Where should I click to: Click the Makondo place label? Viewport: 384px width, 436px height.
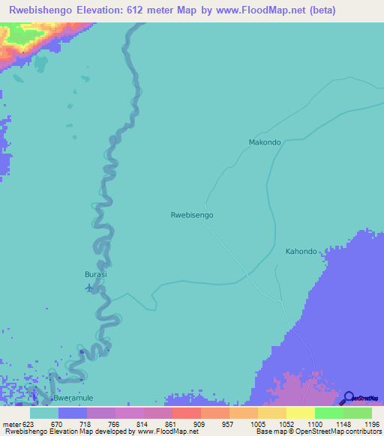point(264,142)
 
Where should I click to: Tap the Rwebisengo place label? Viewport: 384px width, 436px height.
point(192,215)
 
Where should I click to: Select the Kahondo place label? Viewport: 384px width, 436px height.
point(301,252)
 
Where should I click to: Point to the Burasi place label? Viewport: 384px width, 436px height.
point(95,275)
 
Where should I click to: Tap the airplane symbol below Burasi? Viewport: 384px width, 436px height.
point(90,287)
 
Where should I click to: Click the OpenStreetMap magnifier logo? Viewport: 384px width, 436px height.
point(349,397)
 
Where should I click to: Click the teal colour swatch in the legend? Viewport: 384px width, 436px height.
point(44,413)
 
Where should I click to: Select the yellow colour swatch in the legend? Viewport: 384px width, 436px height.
point(301,413)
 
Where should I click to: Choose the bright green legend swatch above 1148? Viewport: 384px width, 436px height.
point(329,413)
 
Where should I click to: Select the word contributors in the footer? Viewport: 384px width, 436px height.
point(362,432)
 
